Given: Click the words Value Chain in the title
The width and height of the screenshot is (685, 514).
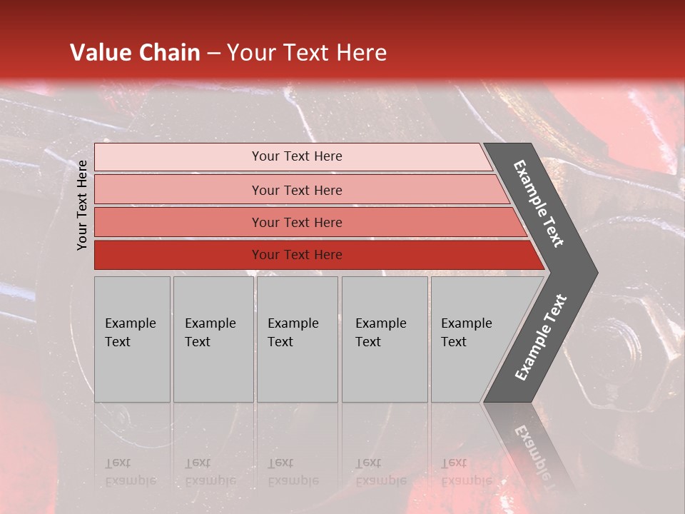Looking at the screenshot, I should pyautogui.click(x=135, y=53).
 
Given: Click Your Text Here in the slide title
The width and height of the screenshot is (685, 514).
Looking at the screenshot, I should pyautogui.click(x=307, y=53).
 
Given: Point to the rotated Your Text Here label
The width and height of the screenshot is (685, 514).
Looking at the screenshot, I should pyautogui.click(x=82, y=205).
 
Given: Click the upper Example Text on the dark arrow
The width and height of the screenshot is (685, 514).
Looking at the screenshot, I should pyautogui.click(x=539, y=203).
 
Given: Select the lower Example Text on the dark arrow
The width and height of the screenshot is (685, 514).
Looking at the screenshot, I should pyautogui.click(x=540, y=338).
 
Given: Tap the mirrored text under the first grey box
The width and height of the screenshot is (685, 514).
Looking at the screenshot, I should pyautogui.click(x=130, y=472).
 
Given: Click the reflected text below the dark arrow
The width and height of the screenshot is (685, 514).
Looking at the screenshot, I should pyautogui.click(x=539, y=457).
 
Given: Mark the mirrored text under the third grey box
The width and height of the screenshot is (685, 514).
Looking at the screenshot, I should pyautogui.click(x=293, y=472).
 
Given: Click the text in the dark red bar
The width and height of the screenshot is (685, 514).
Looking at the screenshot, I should pyautogui.click(x=297, y=255).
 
